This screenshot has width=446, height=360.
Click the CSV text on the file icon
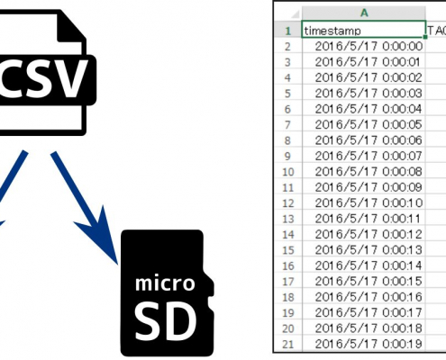point(43,79)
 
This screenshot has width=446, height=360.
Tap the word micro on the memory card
point(165,283)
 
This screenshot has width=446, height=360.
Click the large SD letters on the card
point(165,320)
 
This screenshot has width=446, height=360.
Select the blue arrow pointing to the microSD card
point(85,208)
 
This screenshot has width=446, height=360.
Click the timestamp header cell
point(363,31)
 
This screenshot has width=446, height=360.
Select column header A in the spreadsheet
point(364,13)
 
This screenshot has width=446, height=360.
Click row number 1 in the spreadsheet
point(288,31)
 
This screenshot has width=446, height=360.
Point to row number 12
point(288,203)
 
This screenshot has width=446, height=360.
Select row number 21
point(288,344)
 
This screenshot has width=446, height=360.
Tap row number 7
point(287,125)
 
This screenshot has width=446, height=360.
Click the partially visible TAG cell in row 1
point(436,31)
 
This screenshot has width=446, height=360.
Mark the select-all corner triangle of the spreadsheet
point(296,14)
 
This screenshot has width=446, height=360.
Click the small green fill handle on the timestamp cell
point(425,37)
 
